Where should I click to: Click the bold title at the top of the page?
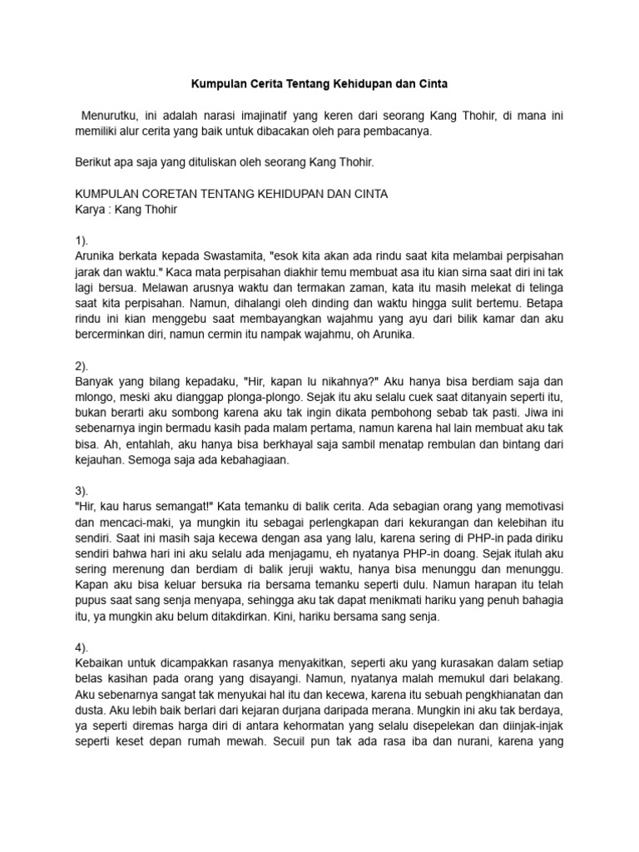(319, 85)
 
